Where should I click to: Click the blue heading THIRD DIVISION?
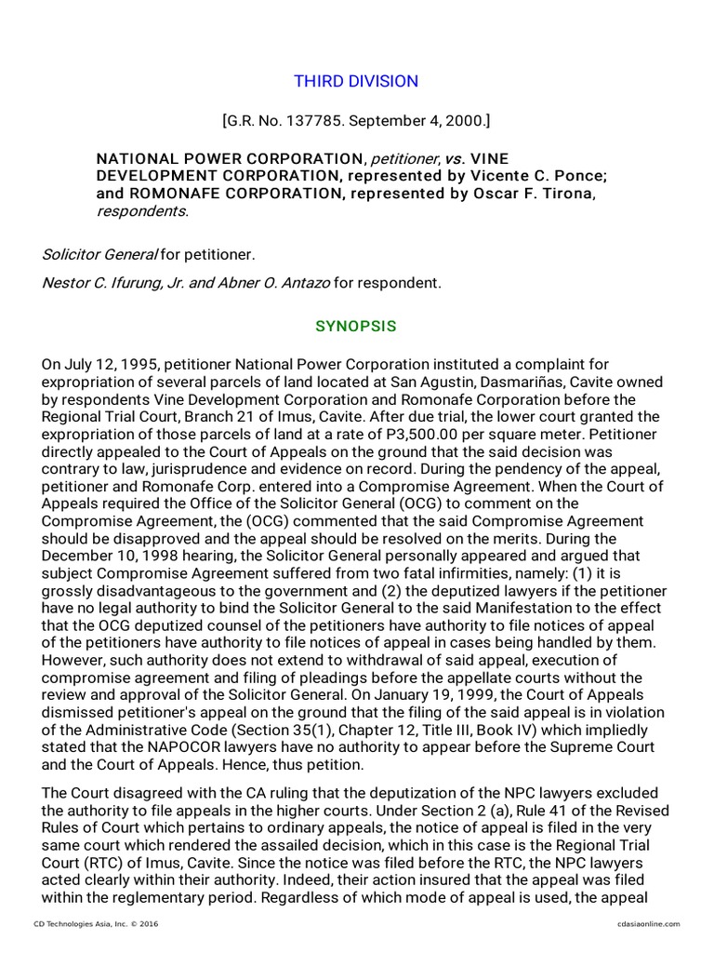click(356, 81)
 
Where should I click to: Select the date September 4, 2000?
click(419, 121)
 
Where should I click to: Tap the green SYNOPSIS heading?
click(356, 326)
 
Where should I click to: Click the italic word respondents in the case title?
click(141, 210)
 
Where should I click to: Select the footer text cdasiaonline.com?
click(648, 923)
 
